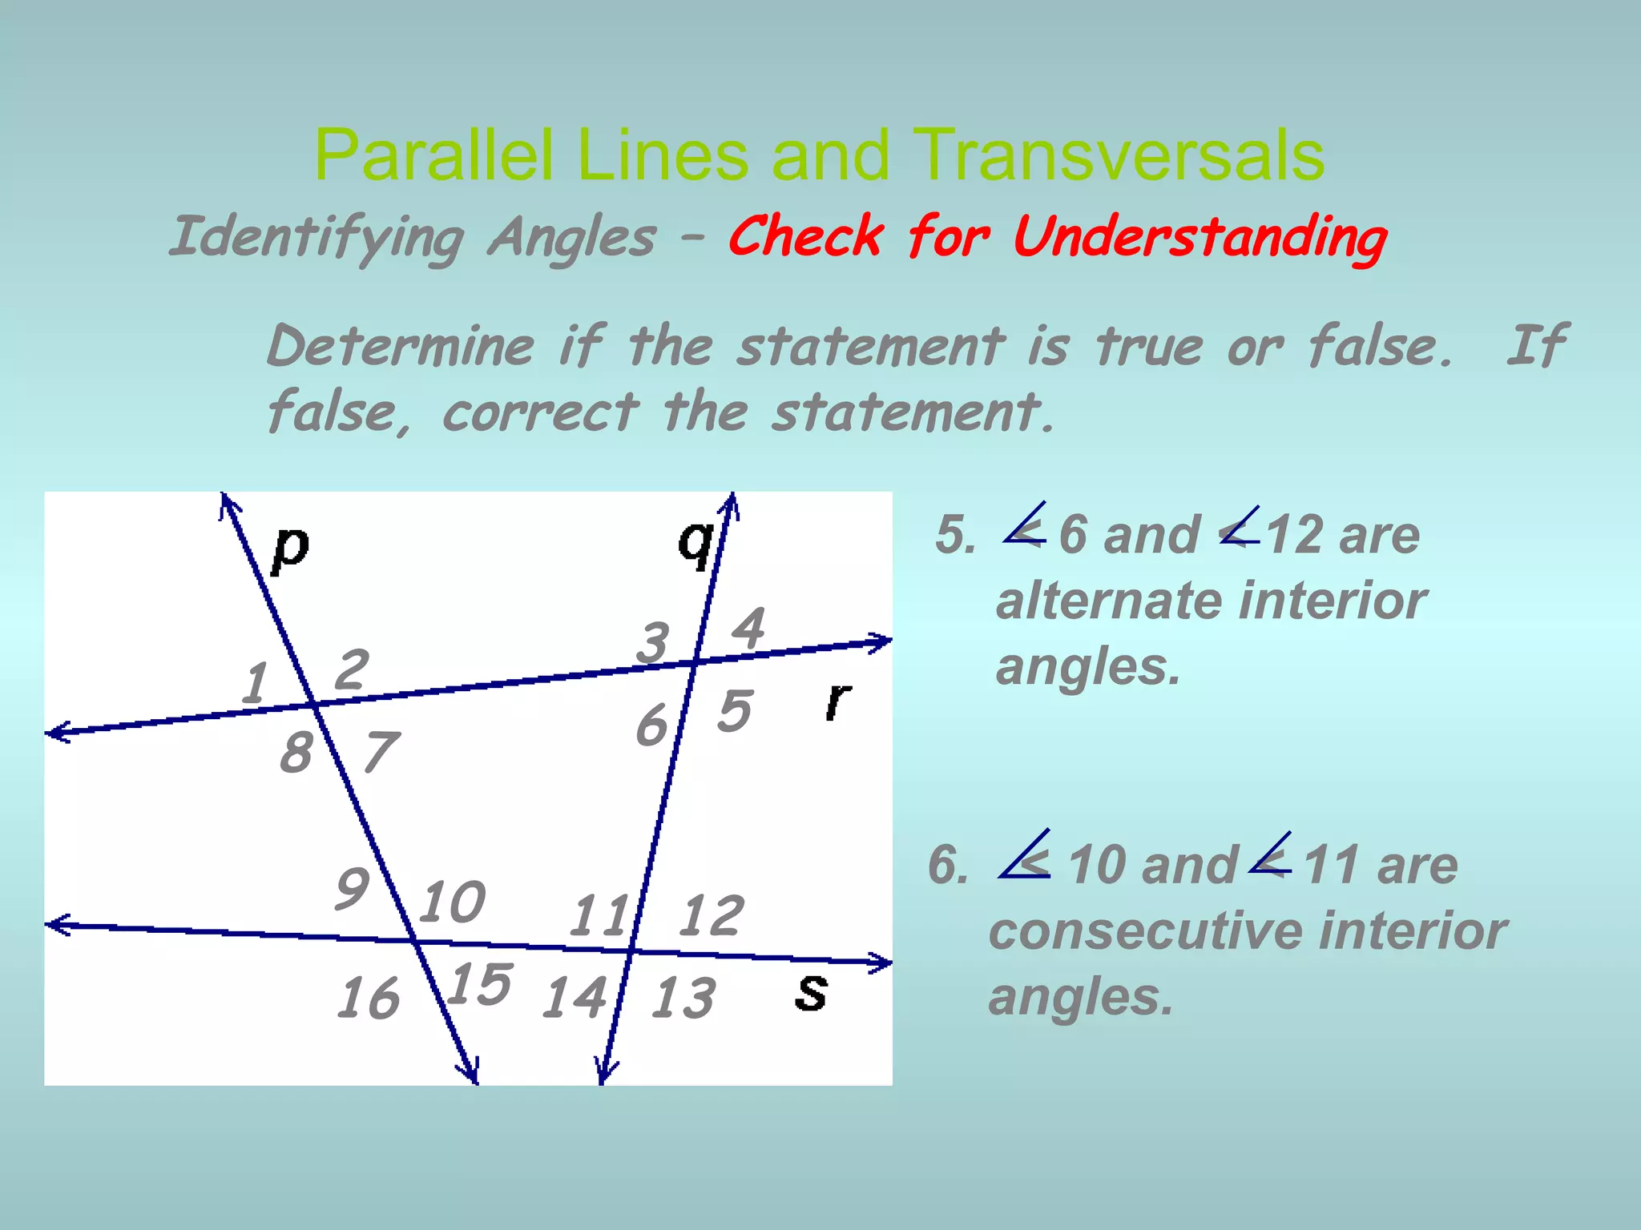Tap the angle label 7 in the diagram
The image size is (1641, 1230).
pos(381,753)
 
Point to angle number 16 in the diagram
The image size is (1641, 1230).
pos(368,998)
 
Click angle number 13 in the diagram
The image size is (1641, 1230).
pos(683,998)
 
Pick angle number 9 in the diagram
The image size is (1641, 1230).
pos(353,888)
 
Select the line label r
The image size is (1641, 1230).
pos(838,701)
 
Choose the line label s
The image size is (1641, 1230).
pos(811,991)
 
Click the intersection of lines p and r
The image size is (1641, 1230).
pos(314,704)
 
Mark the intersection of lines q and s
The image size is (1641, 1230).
pos(631,951)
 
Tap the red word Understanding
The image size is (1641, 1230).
pos(1200,238)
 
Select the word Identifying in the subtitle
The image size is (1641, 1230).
pos(317,238)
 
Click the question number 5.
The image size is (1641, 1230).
pos(955,534)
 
